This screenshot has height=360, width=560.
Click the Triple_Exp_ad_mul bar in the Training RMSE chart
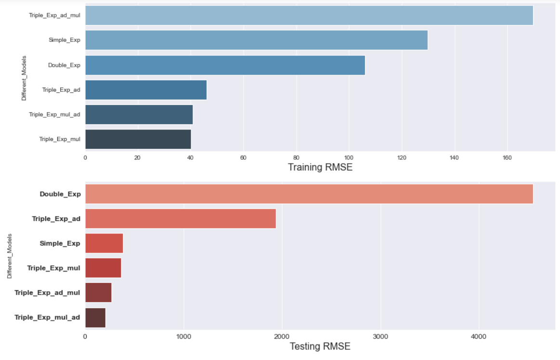[x=309, y=15]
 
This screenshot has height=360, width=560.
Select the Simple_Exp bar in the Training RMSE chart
[x=256, y=40]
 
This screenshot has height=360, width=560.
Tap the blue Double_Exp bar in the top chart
[x=225, y=65]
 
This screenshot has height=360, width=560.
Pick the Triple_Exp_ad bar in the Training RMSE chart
[x=146, y=90]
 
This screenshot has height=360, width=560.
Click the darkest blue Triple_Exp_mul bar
[x=138, y=139]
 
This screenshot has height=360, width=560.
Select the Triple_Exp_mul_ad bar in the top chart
[x=139, y=115]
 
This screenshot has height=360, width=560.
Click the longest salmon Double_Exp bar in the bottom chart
[x=309, y=193]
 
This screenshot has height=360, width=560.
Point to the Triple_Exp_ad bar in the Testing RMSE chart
[x=180, y=219]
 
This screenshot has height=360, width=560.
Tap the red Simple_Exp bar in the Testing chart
[x=104, y=243]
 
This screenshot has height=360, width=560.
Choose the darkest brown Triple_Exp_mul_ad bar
[x=95, y=318]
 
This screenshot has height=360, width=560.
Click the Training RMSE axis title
[x=320, y=167]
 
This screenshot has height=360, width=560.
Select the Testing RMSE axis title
[x=320, y=346]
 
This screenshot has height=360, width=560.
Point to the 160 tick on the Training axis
[x=507, y=157]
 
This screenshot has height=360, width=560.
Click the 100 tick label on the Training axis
[x=349, y=157]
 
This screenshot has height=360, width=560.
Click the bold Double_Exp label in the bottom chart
[x=60, y=194]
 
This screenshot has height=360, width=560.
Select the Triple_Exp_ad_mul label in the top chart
[x=54, y=15]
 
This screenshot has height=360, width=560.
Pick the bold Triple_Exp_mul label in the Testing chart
[x=53, y=268]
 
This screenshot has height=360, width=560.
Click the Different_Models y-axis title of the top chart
[x=24, y=77]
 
